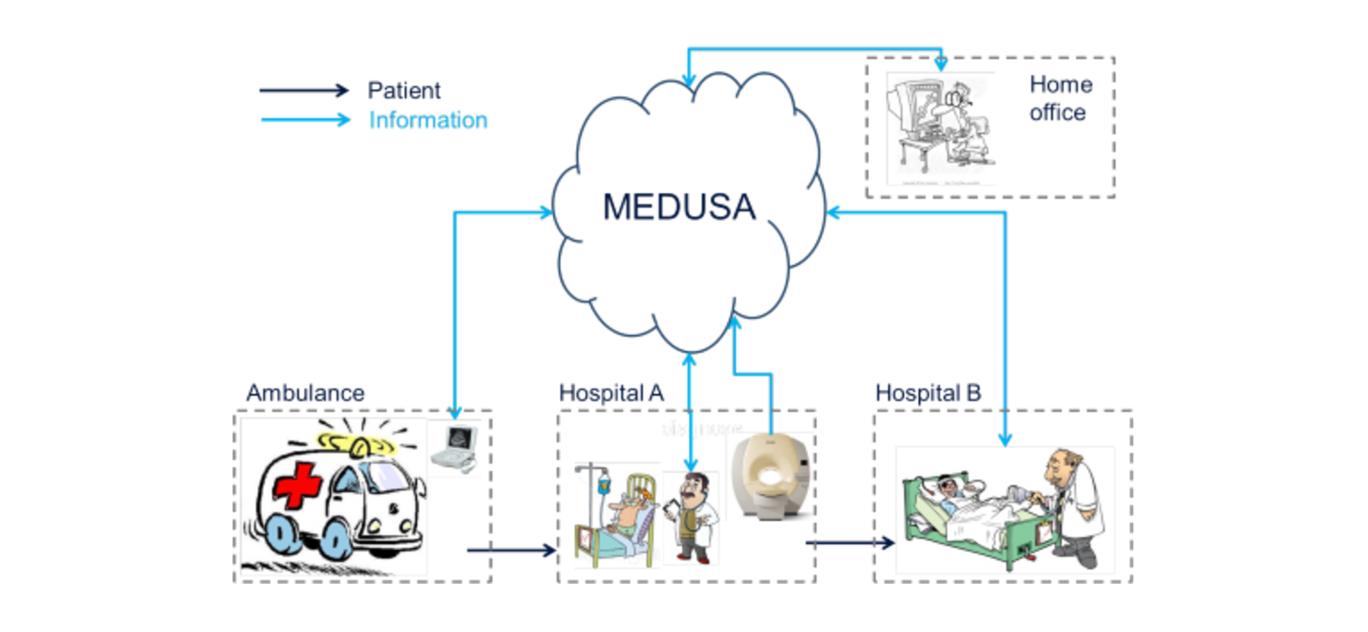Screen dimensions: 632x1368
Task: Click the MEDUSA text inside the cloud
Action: [x=679, y=207]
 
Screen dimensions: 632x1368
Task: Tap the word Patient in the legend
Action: [x=404, y=90]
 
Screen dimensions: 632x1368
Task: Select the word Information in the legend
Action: [x=428, y=120]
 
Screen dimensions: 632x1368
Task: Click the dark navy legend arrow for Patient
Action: [x=304, y=90]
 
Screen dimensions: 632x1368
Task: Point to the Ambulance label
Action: [x=305, y=393]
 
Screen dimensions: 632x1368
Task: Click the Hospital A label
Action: [x=611, y=393]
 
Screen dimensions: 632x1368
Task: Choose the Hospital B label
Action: [x=928, y=393]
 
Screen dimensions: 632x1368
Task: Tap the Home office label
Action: [x=1060, y=98]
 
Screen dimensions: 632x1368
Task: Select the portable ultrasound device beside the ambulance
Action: [x=454, y=447]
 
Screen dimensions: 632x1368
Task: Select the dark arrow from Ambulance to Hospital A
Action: [x=511, y=550]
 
